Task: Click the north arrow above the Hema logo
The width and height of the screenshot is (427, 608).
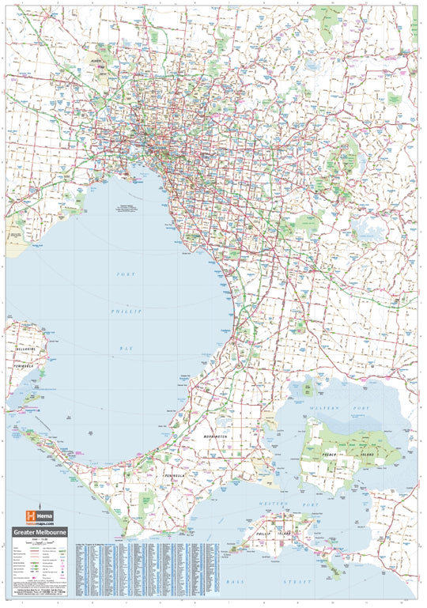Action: click(39, 491)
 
